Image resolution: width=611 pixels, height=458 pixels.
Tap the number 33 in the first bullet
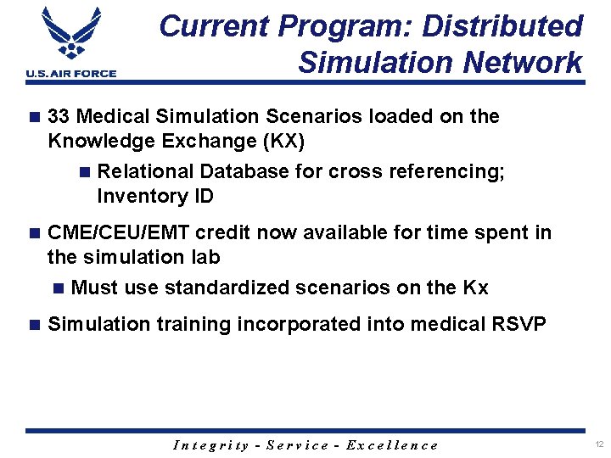tap(59, 116)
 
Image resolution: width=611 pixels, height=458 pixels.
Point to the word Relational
tap(146, 171)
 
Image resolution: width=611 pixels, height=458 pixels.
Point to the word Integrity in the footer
tap(210, 445)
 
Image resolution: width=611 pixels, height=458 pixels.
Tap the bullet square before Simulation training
tap(34, 324)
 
